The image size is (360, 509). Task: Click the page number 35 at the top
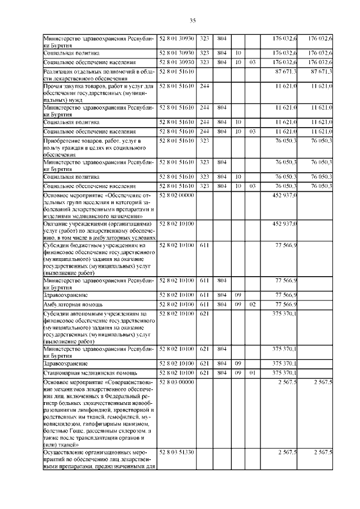[x=192, y=21]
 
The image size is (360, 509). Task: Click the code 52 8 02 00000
[x=177, y=195]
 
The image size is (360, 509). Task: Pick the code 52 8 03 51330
[x=177, y=452]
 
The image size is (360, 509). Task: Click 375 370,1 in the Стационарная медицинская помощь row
[x=285, y=373]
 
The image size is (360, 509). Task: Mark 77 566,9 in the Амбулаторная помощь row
[x=286, y=304]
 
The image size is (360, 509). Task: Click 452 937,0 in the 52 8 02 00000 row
[x=285, y=195]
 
